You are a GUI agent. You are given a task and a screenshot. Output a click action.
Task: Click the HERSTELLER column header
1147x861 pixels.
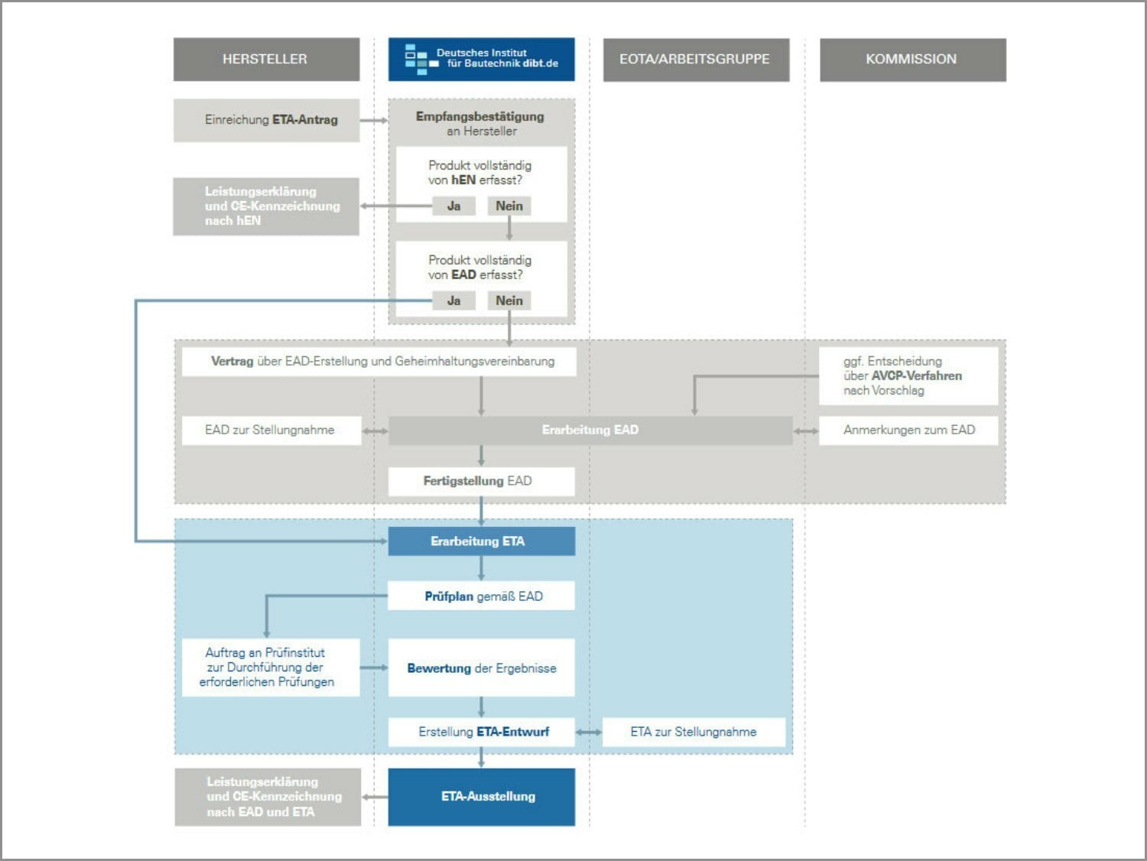pos(267,59)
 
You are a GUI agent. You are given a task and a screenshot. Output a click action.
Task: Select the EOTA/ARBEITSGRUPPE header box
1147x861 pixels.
pos(696,60)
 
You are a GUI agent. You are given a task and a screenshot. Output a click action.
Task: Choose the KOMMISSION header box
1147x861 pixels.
pos(912,60)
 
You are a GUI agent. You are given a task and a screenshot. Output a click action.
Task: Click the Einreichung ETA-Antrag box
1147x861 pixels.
pos(267,120)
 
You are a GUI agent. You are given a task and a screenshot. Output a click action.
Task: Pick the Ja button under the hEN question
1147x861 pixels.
pos(453,206)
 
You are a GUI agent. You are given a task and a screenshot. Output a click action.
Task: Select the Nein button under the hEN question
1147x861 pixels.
pos(509,206)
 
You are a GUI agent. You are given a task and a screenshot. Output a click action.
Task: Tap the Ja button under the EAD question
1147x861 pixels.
pos(453,301)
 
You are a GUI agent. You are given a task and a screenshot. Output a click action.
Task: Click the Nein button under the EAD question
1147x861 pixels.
pos(509,301)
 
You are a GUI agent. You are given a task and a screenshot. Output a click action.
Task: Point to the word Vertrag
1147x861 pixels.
pos(232,361)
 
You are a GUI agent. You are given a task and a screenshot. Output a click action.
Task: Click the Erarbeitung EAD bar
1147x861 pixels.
pos(590,430)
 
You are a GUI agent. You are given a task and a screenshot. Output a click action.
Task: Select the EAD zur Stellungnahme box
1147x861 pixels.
pos(271,430)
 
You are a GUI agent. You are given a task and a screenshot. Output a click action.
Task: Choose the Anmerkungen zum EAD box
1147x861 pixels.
pos(908,430)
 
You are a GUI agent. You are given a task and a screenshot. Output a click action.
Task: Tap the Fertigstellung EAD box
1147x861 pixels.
pos(481,481)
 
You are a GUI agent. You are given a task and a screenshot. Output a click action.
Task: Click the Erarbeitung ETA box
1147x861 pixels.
pos(481,541)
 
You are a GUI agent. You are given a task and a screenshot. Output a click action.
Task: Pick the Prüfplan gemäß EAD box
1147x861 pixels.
pos(481,596)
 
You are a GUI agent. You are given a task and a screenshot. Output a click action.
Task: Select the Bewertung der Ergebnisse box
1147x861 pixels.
pos(481,668)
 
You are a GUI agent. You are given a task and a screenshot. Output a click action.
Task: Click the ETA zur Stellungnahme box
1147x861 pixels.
pos(694,732)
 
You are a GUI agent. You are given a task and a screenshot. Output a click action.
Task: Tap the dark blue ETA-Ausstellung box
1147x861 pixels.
pos(481,797)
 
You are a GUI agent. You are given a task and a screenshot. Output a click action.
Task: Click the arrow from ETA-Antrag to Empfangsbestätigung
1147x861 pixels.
pos(374,121)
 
